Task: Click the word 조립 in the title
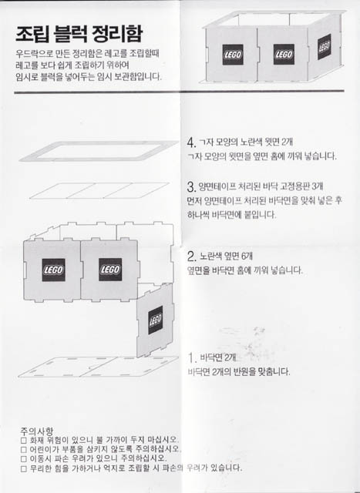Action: [x=36, y=34]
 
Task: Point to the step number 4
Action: [x=191, y=143]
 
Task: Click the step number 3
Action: [x=191, y=187]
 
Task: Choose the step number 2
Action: [x=191, y=256]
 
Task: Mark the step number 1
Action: [x=191, y=358]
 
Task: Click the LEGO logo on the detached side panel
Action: [x=156, y=317]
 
